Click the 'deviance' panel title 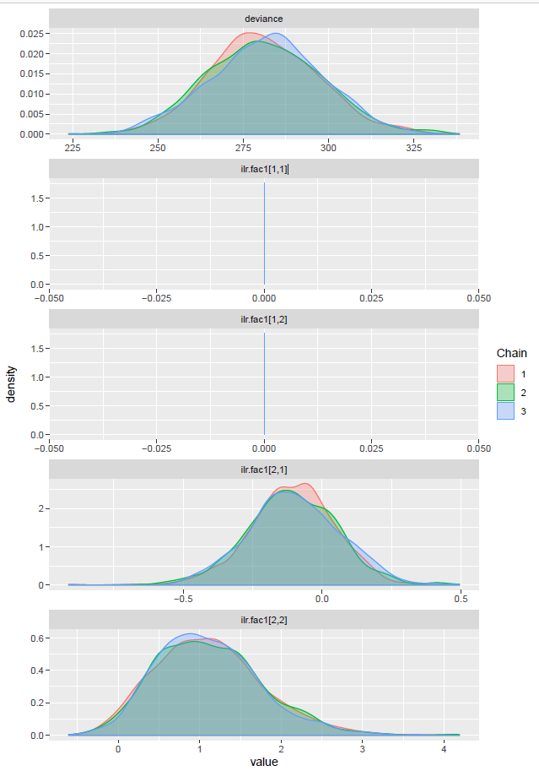(x=264, y=18)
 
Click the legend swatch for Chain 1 (x=506, y=373)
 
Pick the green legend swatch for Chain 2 (x=506, y=392)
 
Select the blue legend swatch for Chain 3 (x=506, y=410)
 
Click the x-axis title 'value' (x=264, y=762)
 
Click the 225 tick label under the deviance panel (x=73, y=147)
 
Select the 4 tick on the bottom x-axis (x=444, y=747)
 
